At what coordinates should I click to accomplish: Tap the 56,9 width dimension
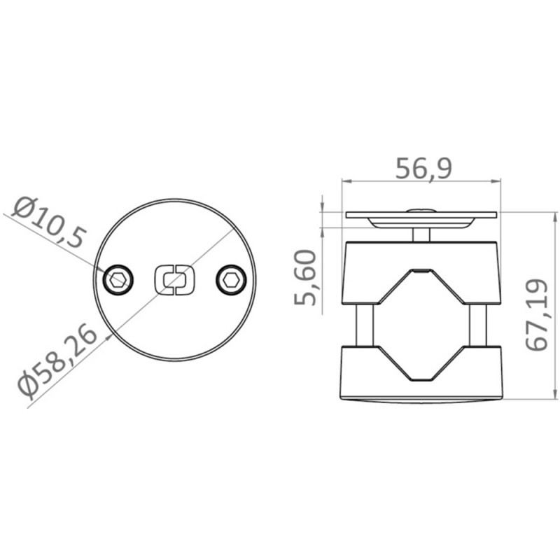coord(423,168)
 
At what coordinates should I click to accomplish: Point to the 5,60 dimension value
coord(305,277)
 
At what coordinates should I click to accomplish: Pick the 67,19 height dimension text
coord(536,314)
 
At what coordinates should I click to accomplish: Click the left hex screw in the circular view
coord(118,280)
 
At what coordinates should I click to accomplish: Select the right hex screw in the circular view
coord(231,280)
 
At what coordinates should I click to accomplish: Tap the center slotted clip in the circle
coord(174,280)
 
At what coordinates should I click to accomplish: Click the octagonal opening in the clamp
coord(421,325)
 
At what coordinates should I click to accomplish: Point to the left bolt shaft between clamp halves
coord(365,325)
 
